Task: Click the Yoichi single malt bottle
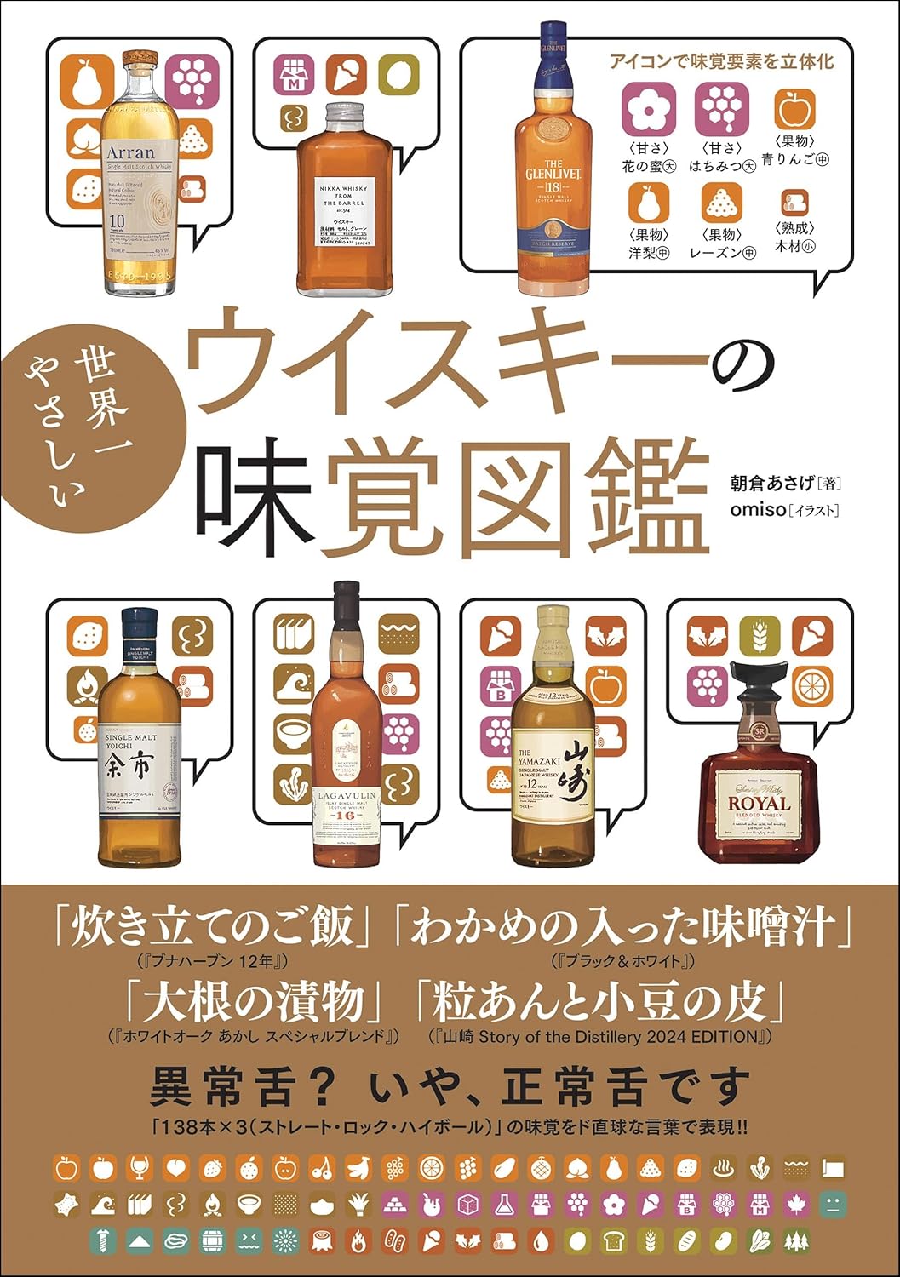(140, 741)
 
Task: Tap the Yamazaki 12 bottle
(553, 749)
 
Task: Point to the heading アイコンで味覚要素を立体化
(720, 61)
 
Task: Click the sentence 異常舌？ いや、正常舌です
(450, 1086)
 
